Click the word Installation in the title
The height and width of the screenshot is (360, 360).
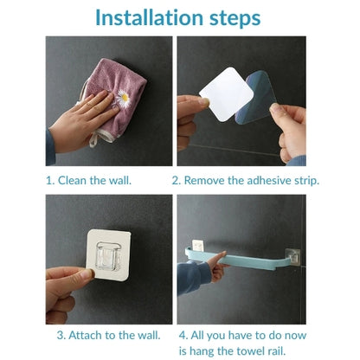(x=150, y=17)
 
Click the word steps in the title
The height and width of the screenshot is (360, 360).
(x=235, y=19)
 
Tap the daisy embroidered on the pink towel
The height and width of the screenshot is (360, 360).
(x=124, y=99)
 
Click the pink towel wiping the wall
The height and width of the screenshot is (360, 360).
(x=115, y=98)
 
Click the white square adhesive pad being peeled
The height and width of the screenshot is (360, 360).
(x=227, y=94)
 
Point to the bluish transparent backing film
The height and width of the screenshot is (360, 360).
(x=257, y=98)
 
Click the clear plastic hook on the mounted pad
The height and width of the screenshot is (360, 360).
(x=107, y=256)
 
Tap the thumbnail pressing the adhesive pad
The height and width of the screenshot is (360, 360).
(x=87, y=273)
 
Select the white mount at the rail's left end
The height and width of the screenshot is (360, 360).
(x=198, y=245)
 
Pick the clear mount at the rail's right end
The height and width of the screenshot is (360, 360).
(x=292, y=256)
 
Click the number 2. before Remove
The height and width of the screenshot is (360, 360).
(x=177, y=181)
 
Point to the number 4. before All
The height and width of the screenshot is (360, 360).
(x=183, y=336)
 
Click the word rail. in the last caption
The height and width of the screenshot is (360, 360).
(x=274, y=351)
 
